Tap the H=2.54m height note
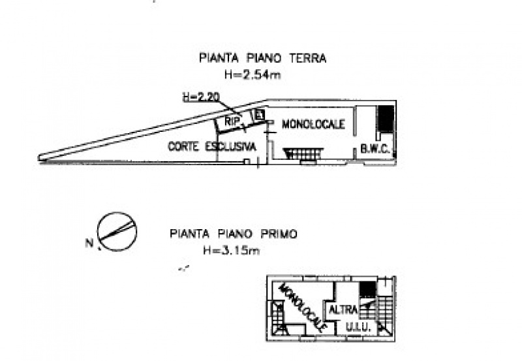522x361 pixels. click(252, 75)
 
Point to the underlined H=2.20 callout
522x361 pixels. click(200, 97)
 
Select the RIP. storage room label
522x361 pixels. click(232, 121)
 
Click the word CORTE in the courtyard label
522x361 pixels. click(184, 146)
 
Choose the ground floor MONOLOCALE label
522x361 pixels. click(313, 124)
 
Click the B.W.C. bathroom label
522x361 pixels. click(375, 150)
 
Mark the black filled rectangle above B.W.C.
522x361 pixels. click(386, 120)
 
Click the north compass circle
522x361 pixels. click(116, 231)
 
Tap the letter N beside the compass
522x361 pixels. click(89, 244)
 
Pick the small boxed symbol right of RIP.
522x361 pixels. click(259, 116)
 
